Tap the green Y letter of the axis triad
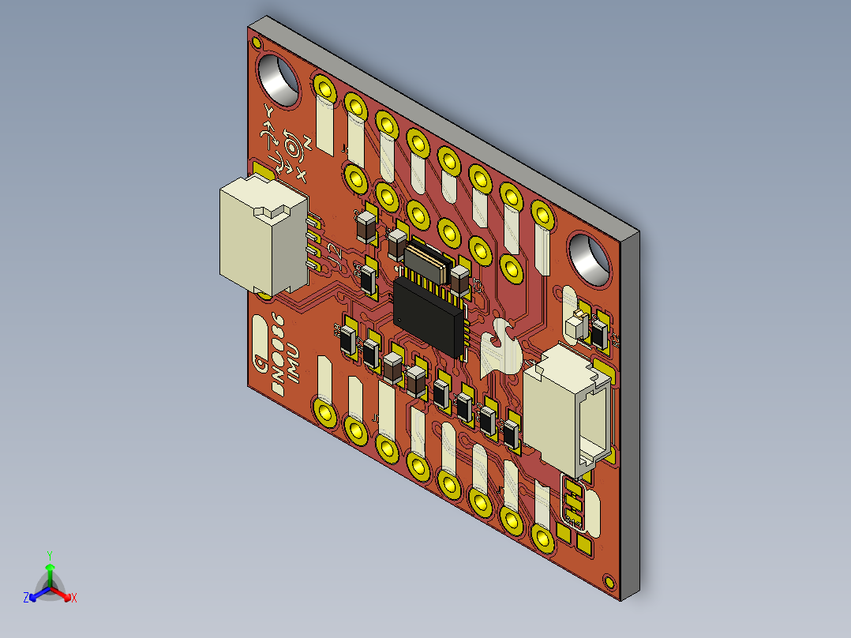coord(49,555)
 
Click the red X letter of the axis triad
coord(74,599)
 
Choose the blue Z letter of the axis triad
coord(26,599)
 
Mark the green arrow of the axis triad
coord(50,573)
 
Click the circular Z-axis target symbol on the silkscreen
coord(294,147)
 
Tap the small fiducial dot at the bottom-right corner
coord(607,581)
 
